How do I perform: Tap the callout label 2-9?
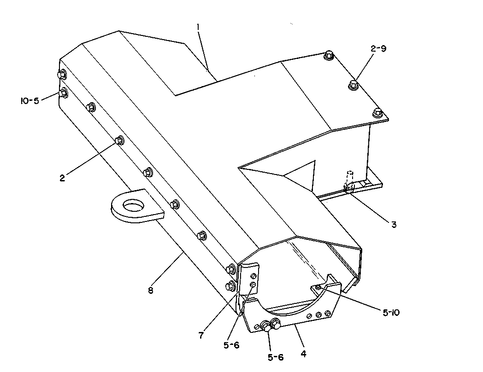point(378,48)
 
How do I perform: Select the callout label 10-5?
point(30,101)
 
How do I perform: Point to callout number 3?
point(394,225)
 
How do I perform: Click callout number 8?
point(150,290)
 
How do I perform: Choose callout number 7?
point(201,335)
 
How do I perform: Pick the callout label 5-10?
point(391,313)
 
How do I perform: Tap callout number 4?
point(303,354)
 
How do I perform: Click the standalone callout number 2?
point(63,178)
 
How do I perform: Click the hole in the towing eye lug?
point(134,205)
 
